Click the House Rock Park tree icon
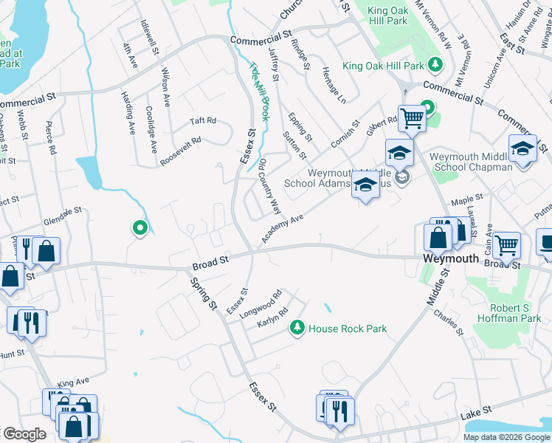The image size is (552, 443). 297,326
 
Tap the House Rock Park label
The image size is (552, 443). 348,328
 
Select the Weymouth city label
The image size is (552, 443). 452,259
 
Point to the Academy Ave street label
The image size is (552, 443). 282,230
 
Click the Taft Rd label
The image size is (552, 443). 202,120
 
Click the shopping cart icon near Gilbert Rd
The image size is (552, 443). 412,117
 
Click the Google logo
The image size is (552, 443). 24,434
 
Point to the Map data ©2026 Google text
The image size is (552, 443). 506,437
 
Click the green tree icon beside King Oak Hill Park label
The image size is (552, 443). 435,65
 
